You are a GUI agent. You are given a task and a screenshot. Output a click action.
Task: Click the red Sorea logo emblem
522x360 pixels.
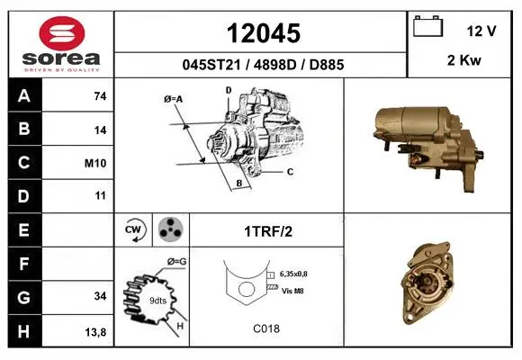click(62, 33)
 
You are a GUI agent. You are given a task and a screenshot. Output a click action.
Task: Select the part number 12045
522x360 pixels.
click(264, 33)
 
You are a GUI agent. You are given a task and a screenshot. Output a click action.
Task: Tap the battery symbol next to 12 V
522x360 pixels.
click(427, 26)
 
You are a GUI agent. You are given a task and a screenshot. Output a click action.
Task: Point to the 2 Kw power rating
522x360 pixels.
click(464, 60)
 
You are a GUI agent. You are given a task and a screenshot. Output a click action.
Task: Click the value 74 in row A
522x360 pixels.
click(100, 96)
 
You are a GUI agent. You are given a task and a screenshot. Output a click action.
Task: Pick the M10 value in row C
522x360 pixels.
click(95, 163)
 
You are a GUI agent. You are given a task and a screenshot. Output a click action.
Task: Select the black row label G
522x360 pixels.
click(24, 297)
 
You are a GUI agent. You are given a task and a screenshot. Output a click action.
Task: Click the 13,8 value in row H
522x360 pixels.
click(95, 332)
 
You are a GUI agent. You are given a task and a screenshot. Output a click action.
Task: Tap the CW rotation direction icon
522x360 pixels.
click(135, 229)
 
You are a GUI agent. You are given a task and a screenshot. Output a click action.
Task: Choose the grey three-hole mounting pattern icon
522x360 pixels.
click(170, 229)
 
